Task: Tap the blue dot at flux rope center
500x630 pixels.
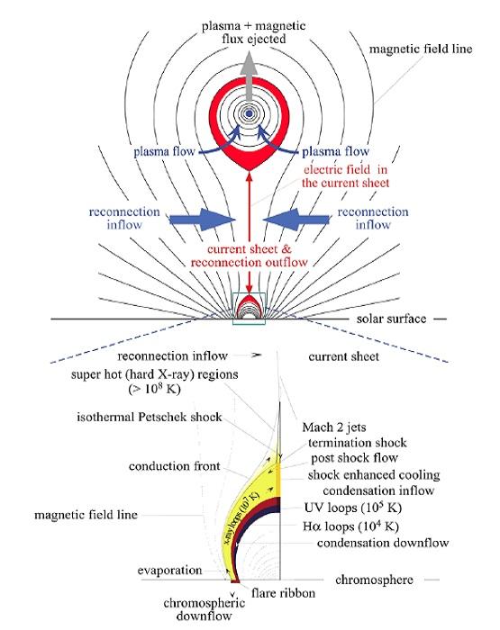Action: (250, 113)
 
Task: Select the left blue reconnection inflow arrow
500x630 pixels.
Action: (202, 220)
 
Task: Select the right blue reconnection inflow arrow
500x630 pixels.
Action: (296, 220)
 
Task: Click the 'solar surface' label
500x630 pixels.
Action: (391, 319)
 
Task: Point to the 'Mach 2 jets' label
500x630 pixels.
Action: (334, 427)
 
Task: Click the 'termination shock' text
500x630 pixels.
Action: (358, 443)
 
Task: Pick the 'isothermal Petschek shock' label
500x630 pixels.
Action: (150, 417)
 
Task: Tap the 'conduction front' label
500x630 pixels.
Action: (175, 466)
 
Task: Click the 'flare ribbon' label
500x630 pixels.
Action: (283, 593)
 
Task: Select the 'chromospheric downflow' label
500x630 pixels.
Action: (205, 609)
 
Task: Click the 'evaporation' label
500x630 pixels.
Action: (169, 571)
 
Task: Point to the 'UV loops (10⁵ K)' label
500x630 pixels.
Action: (353, 507)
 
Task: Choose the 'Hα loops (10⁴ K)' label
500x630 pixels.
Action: (350, 526)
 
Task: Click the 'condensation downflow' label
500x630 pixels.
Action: (383, 543)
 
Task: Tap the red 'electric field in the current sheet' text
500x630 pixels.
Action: (346, 176)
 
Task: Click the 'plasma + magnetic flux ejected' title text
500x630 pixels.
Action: (254, 32)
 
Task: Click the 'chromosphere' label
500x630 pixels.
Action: (374, 580)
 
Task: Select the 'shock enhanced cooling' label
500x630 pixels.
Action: (374, 475)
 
